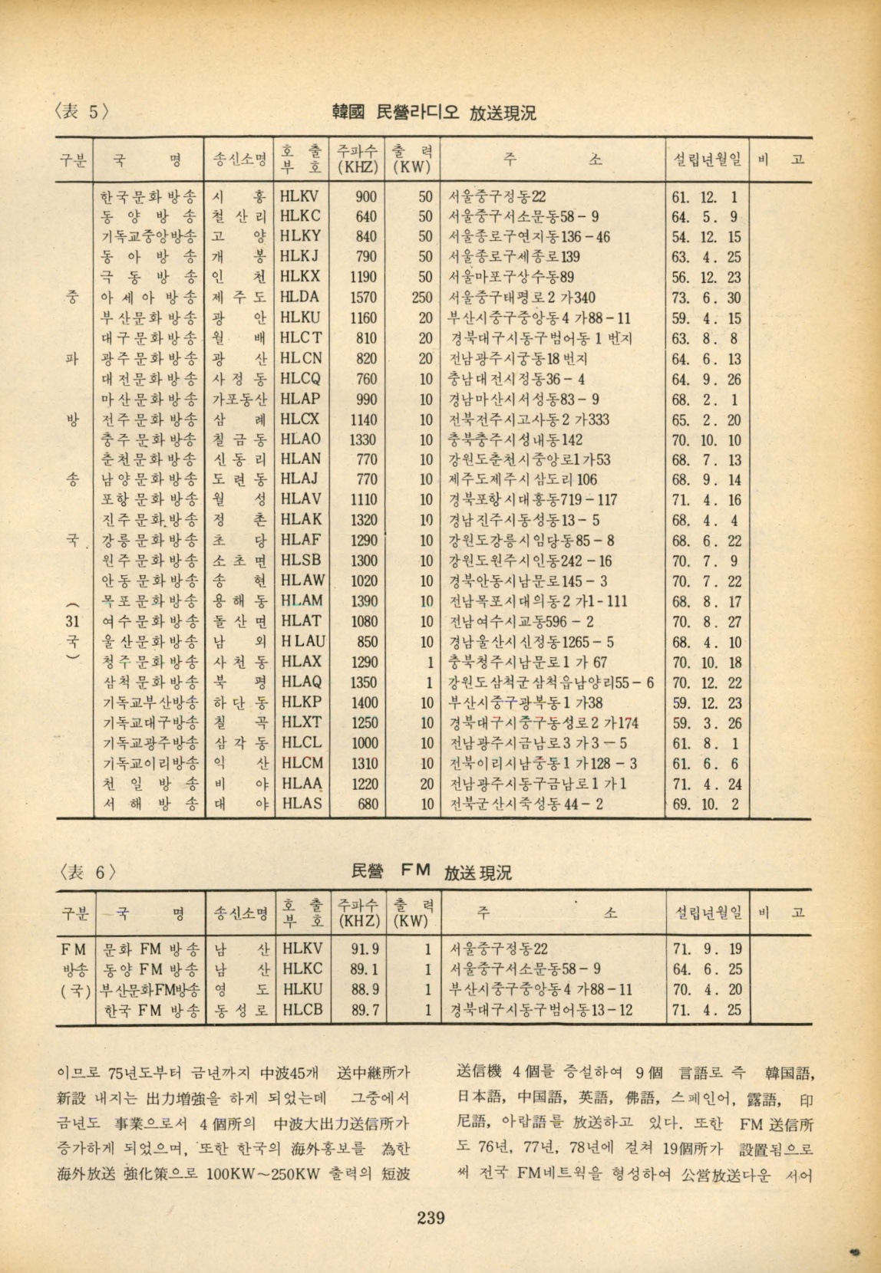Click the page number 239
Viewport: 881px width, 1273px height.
[x=432, y=1216]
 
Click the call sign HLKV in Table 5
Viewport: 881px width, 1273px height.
[x=301, y=196]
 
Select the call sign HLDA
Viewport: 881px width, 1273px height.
[x=301, y=297]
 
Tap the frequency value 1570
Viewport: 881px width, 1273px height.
[x=362, y=297]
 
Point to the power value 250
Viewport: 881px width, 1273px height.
[x=422, y=297]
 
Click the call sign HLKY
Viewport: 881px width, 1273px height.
[x=301, y=236]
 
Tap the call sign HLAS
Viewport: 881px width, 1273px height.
[x=302, y=804]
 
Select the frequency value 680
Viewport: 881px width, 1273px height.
[x=368, y=804]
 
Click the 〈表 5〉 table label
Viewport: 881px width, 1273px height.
[x=86, y=112]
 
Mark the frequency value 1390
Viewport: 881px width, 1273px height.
[x=362, y=600]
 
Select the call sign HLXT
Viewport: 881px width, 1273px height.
[x=302, y=722]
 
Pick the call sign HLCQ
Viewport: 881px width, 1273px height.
[x=301, y=378]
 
